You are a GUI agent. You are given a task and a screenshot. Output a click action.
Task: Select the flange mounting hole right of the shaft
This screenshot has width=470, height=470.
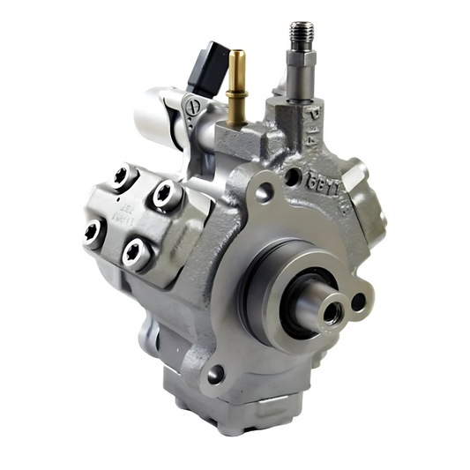(359, 302)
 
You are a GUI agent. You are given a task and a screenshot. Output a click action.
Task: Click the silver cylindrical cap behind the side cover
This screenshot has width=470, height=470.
(159, 119)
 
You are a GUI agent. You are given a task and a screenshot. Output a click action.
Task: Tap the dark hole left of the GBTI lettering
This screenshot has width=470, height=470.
(291, 175)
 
